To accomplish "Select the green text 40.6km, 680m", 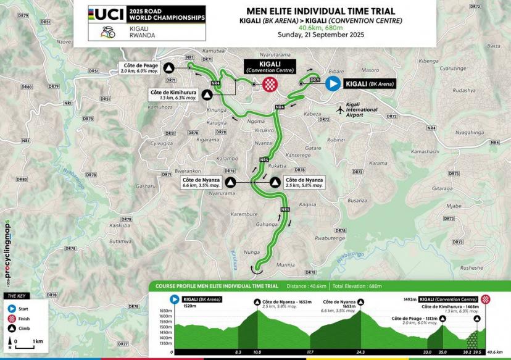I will [321, 28].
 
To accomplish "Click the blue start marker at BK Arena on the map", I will [333, 84].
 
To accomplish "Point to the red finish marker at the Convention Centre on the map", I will [270, 84].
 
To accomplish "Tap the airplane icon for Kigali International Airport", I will [340, 109].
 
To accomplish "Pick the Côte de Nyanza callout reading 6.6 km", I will [201, 182].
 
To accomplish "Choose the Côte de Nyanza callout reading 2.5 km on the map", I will [304, 182].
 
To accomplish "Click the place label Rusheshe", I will [472, 267].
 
